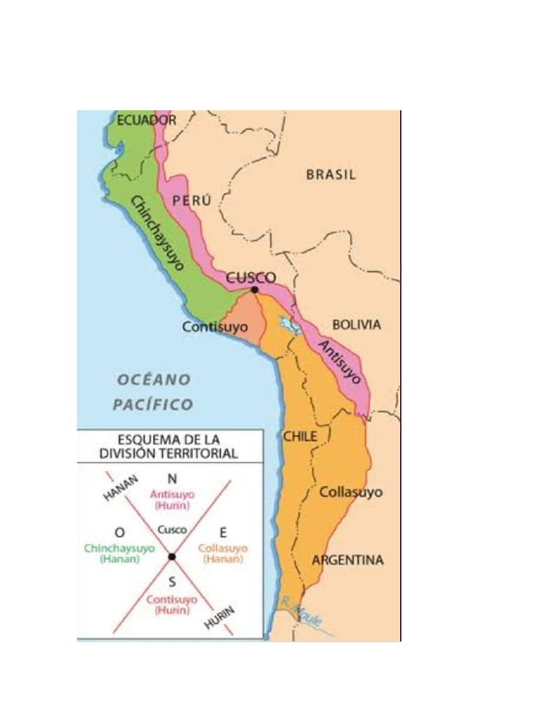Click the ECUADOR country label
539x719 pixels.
point(146,120)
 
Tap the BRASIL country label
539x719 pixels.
point(331,175)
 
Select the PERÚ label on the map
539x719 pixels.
point(192,200)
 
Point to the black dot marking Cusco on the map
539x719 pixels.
point(255,289)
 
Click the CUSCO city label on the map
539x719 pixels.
point(251,277)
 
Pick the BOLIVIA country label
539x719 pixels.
point(357,325)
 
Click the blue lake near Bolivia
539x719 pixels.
point(287,324)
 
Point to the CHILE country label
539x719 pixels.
point(300,436)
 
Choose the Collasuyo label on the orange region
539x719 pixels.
point(351,492)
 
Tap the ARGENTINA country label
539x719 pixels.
point(347,560)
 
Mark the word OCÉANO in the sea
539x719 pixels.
point(153,380)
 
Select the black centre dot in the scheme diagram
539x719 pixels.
point(171,556)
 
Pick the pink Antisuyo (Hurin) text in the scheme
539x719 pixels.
point(172,499)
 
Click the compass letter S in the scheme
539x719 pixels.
point(172,582)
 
